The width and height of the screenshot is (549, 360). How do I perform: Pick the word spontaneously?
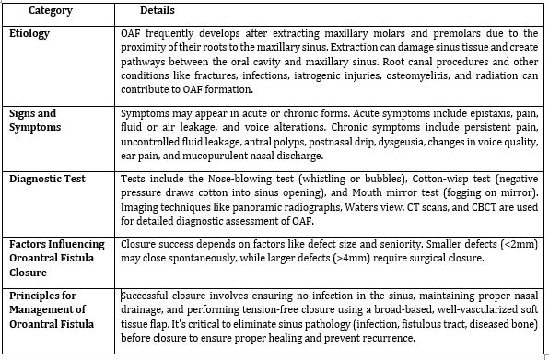[x=186, y=259]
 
